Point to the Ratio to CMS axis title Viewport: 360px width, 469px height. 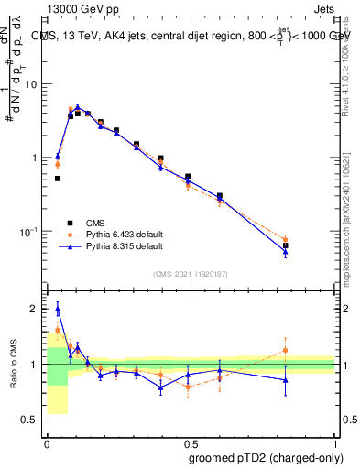[14, 365]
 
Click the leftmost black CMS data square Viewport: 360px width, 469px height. [57, 179]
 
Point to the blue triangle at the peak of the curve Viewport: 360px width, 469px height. [78, 107]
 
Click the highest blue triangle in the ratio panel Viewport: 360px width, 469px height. [57, 308]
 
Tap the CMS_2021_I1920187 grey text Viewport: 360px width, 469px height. [191, 274]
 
